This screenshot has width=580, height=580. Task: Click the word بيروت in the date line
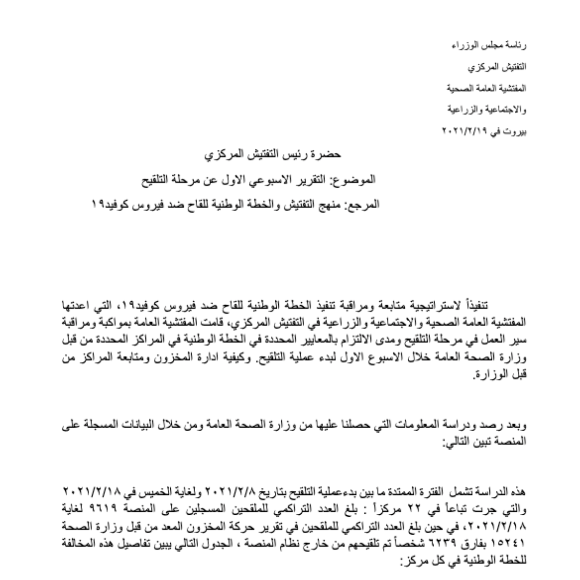click(517, 131)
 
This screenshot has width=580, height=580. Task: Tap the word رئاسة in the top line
click(517, 47)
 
